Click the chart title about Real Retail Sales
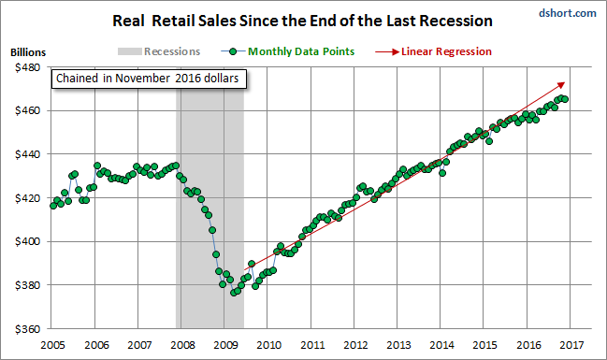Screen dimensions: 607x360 (302, 21)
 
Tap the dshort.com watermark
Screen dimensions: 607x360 (567, 13)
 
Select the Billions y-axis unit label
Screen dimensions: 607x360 (28, 52)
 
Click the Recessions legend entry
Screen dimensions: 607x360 (159, 51)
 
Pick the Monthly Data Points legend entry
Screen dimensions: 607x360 (288, 51)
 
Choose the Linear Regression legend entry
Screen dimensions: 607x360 (433, 51)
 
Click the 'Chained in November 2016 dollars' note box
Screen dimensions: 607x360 (149, 79)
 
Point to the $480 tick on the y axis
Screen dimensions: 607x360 (27, 67)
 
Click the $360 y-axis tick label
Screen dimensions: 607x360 (27, 329)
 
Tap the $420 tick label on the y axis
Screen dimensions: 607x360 (27, 198)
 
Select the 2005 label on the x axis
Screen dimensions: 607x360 (52, 345)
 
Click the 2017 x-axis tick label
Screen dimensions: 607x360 (571, 345)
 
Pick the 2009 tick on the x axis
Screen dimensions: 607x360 (225, 345)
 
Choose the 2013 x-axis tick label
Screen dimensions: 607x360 (398, 345)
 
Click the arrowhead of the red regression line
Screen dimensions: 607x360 (562, 84)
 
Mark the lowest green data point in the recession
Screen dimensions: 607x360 (234, 293)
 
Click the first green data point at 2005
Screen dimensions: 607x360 (53, 206)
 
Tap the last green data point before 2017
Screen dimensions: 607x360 (565, 99)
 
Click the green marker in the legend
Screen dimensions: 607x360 (233, 51)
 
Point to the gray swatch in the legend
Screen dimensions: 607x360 (130, 51)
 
